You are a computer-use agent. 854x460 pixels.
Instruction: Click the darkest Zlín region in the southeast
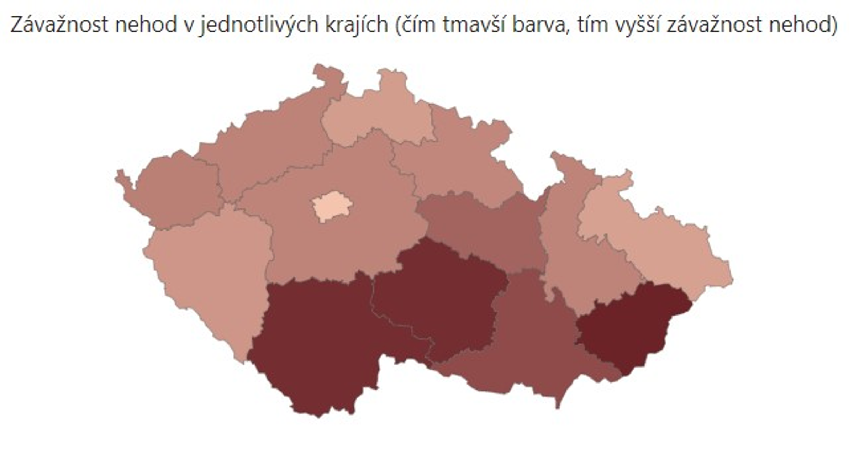[x=630, y=327]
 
